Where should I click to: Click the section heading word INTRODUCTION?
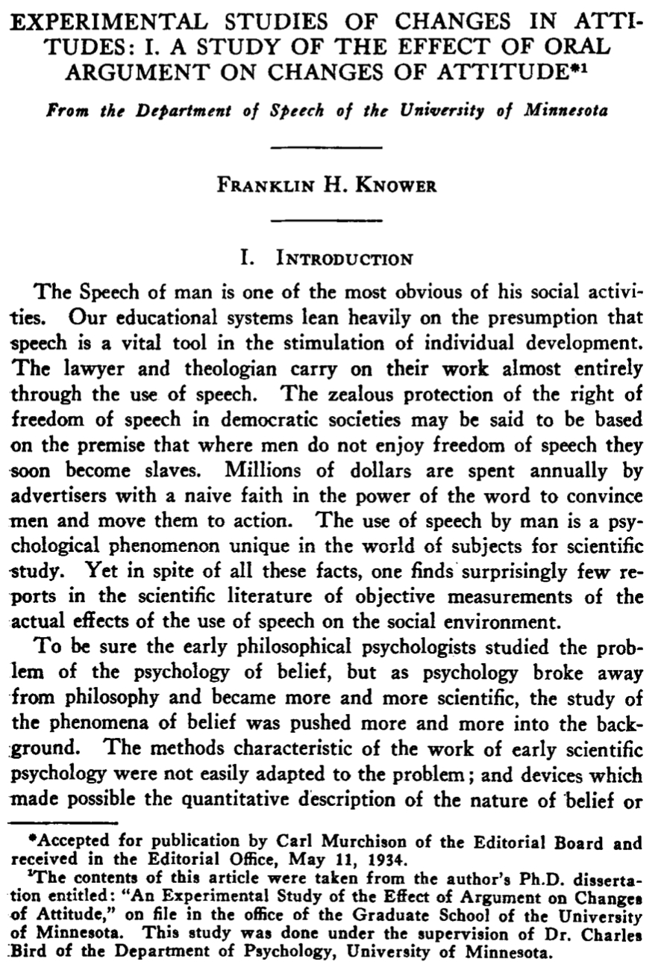pos(344,259)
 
